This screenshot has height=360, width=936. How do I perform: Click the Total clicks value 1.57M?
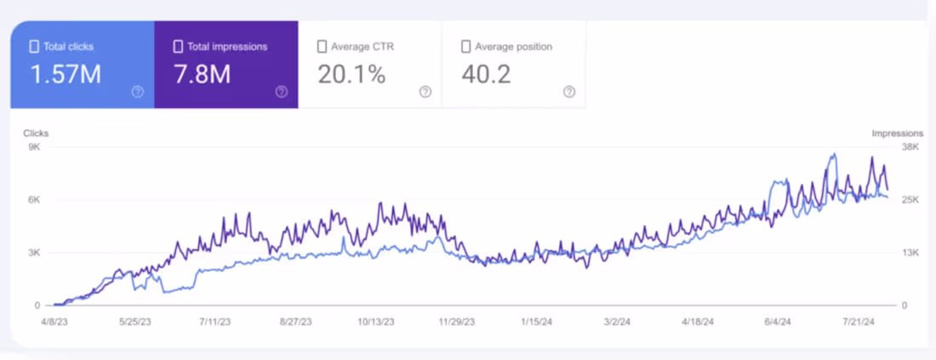tap(66, 74)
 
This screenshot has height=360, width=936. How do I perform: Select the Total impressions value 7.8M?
tap(202, 74)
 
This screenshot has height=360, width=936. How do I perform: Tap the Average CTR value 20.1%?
tap(351, 74)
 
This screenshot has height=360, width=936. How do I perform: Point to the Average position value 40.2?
tap(486, 74)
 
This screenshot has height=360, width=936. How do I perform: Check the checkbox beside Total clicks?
tap(34, 47)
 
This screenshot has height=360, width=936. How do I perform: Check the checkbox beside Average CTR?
tap(322, 47)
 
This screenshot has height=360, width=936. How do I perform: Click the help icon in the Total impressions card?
tap(281, 92)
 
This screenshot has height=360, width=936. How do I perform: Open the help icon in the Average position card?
tap(569, 92)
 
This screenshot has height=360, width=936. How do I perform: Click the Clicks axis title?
tap(36, 133)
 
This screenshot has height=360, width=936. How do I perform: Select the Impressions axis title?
tap(897, 133)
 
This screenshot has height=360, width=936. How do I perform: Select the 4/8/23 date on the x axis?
tap(54, 321)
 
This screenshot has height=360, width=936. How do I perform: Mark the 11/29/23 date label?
tap(457, 321)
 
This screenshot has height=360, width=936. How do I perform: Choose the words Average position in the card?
tap(513, 47)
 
